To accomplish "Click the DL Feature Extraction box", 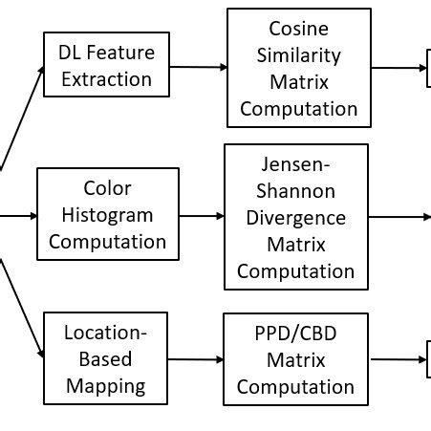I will tap(107, 64).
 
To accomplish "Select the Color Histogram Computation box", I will tap(107, 214).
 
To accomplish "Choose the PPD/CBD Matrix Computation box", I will tap(295, 359).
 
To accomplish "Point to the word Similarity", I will tap(298, 54).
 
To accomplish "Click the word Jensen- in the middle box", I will tap(295, 164).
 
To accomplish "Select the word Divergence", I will tap(295, 218).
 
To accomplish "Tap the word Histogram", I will tap(107, 215).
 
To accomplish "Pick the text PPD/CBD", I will tap(295, 334).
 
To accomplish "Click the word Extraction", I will tap(107, 77).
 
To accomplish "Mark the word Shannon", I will tap(295, 191).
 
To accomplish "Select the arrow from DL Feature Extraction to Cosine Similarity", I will tap(198, 67).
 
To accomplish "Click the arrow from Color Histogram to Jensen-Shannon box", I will tap(201, 216).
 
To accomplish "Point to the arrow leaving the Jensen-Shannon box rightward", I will tap(399, 217).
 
